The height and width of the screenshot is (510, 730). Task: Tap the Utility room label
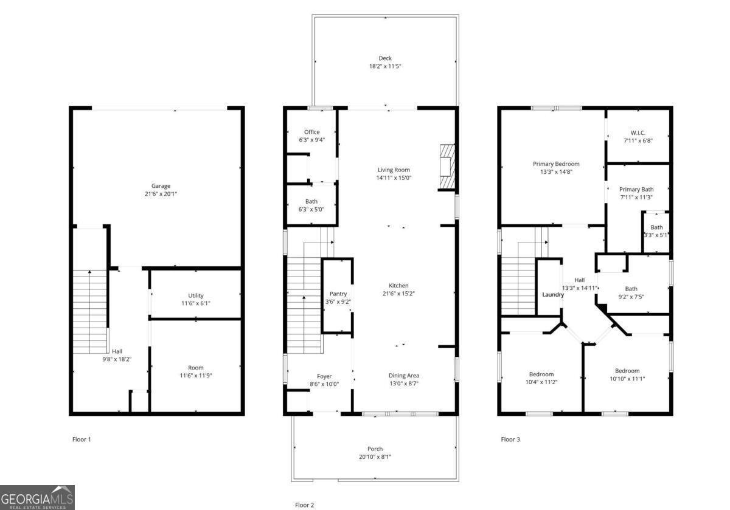click(196, 295)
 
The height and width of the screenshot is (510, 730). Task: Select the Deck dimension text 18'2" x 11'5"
click(384, 66)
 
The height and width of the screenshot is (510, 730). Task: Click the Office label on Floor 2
click(311, 132)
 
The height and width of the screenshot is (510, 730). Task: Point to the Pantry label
click(338, 294)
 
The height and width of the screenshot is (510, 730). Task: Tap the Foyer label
click(324, 376)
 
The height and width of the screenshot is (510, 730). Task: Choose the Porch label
click(375, 449)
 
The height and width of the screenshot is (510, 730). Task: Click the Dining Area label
click(403, 376)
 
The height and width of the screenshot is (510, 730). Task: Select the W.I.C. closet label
click(638, 133)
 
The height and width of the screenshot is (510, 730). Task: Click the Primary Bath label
click(636, 189)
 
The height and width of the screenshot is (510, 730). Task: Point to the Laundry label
click(553, 295)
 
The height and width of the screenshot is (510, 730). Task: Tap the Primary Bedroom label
click(556, 164)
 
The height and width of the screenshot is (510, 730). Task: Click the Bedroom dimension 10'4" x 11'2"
click(541, 382)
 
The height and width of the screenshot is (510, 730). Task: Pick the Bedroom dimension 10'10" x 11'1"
click(627, 379)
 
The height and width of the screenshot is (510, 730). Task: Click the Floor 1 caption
click(82, 439)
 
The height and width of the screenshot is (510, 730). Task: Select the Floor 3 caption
click(510, 439)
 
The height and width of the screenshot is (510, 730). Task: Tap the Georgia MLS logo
click(37, 497)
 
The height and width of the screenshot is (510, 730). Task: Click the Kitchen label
click(398, 286)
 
